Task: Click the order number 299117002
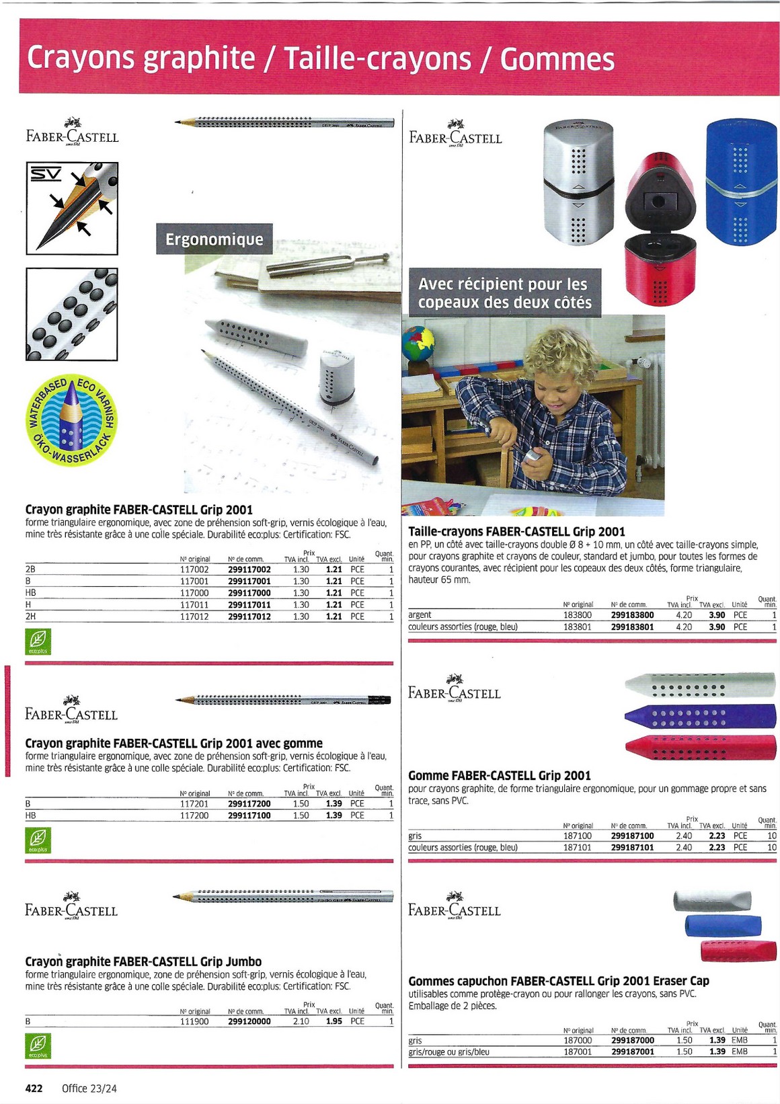pos(249,569)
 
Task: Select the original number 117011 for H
pos(194,604)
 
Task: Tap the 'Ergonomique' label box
pos(214,239)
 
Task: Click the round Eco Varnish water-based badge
pos(71,420)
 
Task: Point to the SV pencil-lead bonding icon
pos(72,208)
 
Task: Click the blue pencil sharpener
pos(741,182)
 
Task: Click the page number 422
pos(34,1088)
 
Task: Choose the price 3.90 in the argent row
pos(717,615)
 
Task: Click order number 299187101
pos(632,847)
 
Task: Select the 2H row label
pos(30,616)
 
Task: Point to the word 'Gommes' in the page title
pos(557,59)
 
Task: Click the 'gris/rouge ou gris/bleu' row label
pos(448,1052)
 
